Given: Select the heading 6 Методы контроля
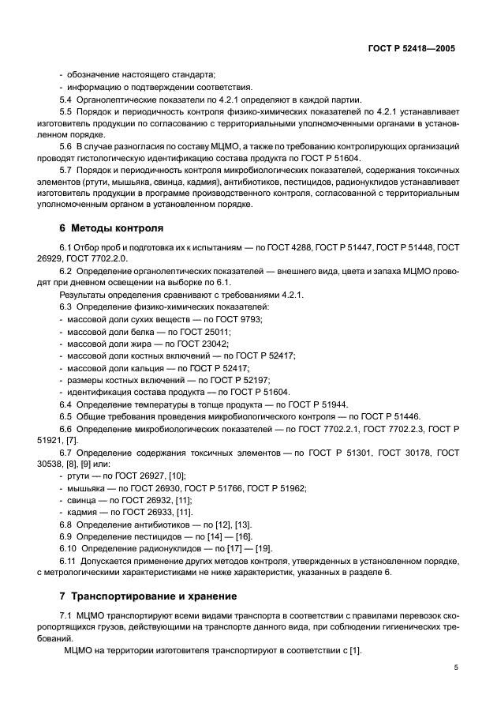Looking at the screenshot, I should point(111,228).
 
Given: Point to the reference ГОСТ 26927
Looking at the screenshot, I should point(144,476).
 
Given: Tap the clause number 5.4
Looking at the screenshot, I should point(66,100).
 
